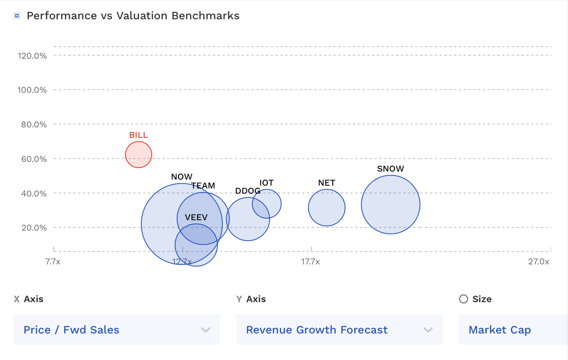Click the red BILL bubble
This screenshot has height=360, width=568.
tap(139, 155)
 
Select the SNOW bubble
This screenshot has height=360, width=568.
tap(390, 205)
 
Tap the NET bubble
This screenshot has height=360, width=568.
tap(327, 208)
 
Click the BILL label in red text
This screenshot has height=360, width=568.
tap(139, 135)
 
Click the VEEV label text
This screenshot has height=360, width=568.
tap(196, 217)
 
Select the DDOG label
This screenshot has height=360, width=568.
tap(247, 191)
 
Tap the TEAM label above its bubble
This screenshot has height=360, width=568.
tap(203, 186)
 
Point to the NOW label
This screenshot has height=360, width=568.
tap(182, 177)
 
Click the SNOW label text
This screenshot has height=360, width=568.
tap(390, 169)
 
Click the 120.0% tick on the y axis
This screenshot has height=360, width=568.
tap(32, 56)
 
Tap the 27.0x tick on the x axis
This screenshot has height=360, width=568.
tap(538, 262)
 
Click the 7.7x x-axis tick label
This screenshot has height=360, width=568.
tap(53, 262)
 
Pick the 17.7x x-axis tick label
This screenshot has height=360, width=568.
tap(311, 262)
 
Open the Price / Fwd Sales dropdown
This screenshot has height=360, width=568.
tap(116, 330)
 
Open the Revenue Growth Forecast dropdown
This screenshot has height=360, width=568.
tap(339, 330)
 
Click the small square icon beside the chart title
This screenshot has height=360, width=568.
tap(17, 16)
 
